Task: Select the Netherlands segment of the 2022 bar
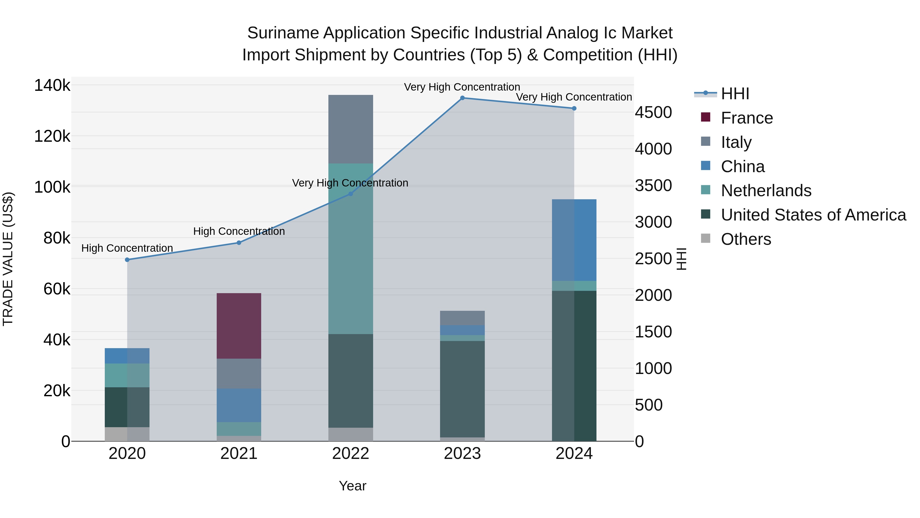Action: (350, 248)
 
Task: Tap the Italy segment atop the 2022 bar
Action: (350, 129)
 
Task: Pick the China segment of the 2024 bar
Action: (574, 240)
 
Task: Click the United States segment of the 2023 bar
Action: (462, 389)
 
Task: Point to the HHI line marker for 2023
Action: (462, 98)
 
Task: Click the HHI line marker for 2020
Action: (127, 260)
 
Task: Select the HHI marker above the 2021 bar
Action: (239, 243)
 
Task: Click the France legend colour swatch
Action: (705, 117)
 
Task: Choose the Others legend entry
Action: (746, 239)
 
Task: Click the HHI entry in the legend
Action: (735, 94)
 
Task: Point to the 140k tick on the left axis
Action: (52, 86)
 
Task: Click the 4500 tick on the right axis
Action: (653, 112)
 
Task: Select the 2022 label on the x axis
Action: (350, 454)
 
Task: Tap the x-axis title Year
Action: (352, 486)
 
